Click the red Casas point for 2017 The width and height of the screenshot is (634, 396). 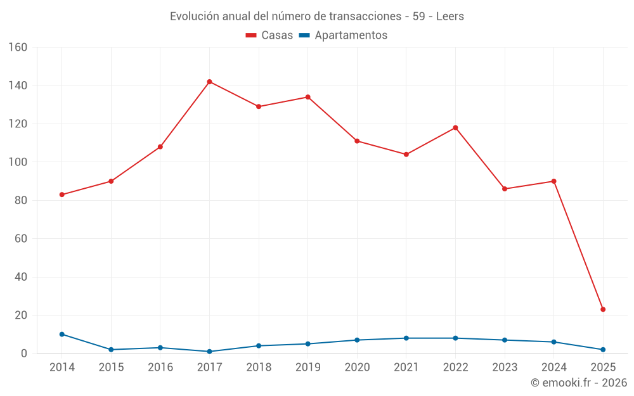click(x=209, y=82)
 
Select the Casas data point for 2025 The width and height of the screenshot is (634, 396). click(x=603, y=309)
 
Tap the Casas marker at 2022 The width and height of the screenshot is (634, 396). click(x=455, y=127)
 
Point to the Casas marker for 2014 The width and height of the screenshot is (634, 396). click(x=61, y=195)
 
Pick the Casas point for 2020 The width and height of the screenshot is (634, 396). click(x=357, y=141)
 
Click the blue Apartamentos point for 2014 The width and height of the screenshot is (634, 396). click(x=61, y=334)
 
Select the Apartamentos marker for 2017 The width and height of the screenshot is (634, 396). click(x=209, y=352)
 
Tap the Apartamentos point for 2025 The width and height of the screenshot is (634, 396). click(x=603, y=350)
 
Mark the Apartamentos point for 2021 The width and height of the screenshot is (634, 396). click(x=406, y=338)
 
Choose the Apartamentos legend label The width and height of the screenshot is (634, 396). click(x=351, y=35)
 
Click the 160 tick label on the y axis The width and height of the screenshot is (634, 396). click(x=18, y=48)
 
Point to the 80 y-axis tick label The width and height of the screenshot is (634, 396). click(x=20, y=200)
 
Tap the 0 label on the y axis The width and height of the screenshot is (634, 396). click(x=23, y=354)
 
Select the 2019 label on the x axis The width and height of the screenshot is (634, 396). click(x=308, y=367)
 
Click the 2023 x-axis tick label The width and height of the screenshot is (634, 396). click(x=505, y=367)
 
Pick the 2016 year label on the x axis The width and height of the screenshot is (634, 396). click(x=160, y=367)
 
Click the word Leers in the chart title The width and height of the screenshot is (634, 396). click(x=450, y=16)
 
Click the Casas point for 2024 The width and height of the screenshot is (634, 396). click(x=553, y=181)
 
